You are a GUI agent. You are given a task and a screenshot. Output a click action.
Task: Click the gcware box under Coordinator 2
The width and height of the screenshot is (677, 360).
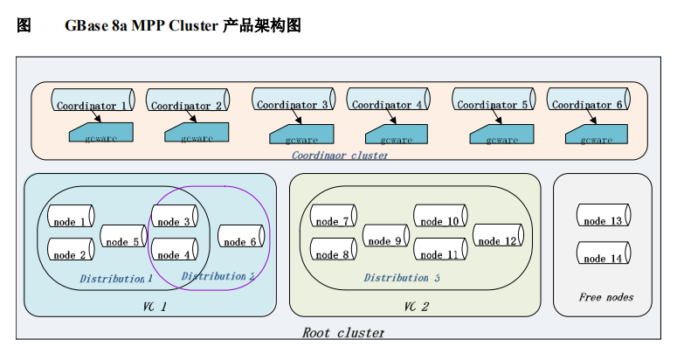point(197,134)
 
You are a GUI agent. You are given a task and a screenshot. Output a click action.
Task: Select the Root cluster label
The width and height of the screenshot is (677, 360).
point(342,332)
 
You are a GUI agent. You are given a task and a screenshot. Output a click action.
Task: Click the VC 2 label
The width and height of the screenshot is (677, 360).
point(416,306)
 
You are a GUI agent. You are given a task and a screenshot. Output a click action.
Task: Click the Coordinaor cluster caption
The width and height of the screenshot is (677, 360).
point(340,155)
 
